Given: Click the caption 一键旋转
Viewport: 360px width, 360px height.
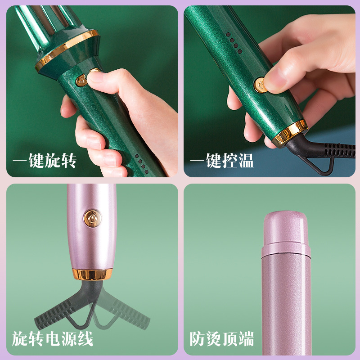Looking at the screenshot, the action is (x=45, y=161).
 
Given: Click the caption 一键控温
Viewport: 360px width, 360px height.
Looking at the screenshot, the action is (x=222, y=161).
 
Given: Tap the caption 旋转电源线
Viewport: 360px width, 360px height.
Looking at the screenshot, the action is (x=53, y=339).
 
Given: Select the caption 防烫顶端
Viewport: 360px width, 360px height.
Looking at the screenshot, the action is (x=222, y=339).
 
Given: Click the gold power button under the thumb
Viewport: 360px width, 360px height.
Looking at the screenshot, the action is (x=260, y=85).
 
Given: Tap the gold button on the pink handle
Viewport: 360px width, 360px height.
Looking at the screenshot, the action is (x=93, y=218).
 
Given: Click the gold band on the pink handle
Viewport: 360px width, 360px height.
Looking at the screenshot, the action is (x=92, y=274).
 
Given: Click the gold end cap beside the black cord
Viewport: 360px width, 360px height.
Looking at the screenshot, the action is (x=290, y=133).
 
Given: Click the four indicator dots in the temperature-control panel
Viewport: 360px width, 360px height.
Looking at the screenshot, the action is (x=234, y=43).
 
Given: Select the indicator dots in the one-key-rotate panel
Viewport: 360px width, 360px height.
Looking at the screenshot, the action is (x=141, y=164).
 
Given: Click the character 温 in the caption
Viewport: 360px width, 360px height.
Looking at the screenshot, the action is (x=246, y=161).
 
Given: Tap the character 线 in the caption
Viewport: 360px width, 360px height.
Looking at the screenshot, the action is (x=85, y=339).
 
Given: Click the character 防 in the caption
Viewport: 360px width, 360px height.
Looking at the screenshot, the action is (x=198, y=339).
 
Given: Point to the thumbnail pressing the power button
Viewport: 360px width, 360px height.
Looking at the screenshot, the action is (x=275, y=80).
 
